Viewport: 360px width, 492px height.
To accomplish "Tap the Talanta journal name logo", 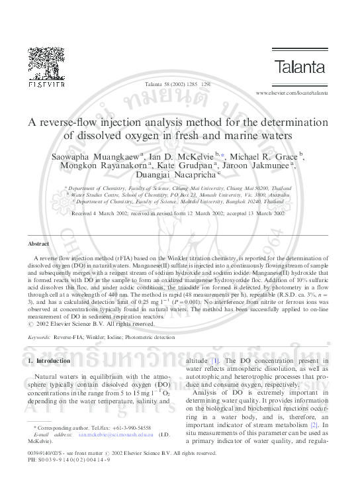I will coord(300,66).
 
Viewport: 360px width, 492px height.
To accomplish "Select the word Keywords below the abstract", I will coord(39,337).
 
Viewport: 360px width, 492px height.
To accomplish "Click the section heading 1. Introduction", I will coord(48,361).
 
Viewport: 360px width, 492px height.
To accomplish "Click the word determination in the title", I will coord(295,122).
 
